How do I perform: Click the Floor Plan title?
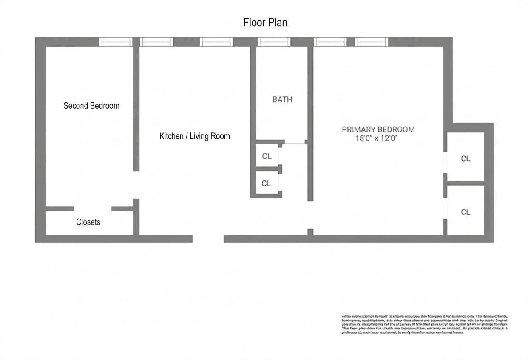(x=265, y=22)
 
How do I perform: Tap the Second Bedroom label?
(x=91, y=106)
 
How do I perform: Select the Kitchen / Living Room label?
(x=194, y=136)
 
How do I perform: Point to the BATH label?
(x=282, y=100)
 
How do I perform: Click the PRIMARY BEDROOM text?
(x=378, y=129)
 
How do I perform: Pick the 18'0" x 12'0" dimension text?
(x=378, y=138)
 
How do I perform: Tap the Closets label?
(x=88, y=222)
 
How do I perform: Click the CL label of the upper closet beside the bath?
(x=267, y=156)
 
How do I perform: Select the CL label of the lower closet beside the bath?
(x=266, y=183)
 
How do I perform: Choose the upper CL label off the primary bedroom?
(x=466, y=159)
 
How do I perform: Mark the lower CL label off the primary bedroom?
(x=466, y=212)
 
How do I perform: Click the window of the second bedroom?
(x=116, y=42)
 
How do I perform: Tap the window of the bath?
(x=274, y=42)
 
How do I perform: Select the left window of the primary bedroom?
(x=330, y=42)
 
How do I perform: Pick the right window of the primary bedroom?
(x=372, y=42)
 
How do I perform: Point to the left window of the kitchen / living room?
(x=156, y=42)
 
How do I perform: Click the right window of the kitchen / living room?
(x=216, y=42)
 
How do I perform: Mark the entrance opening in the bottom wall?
(x=208, y=239)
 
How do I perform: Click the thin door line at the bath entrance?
(x=295, y=144)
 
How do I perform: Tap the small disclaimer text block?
(x=424, y=324)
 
